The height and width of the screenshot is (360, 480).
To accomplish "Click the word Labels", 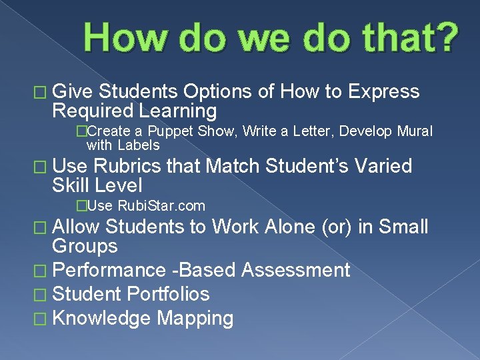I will coord(139,145).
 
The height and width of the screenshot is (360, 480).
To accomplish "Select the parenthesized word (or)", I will coord(337,227).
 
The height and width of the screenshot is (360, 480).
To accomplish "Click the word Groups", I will coord(85,247).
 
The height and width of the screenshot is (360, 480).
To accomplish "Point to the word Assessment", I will coord(295,270).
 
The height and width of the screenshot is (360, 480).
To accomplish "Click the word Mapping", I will coord(195,318).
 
